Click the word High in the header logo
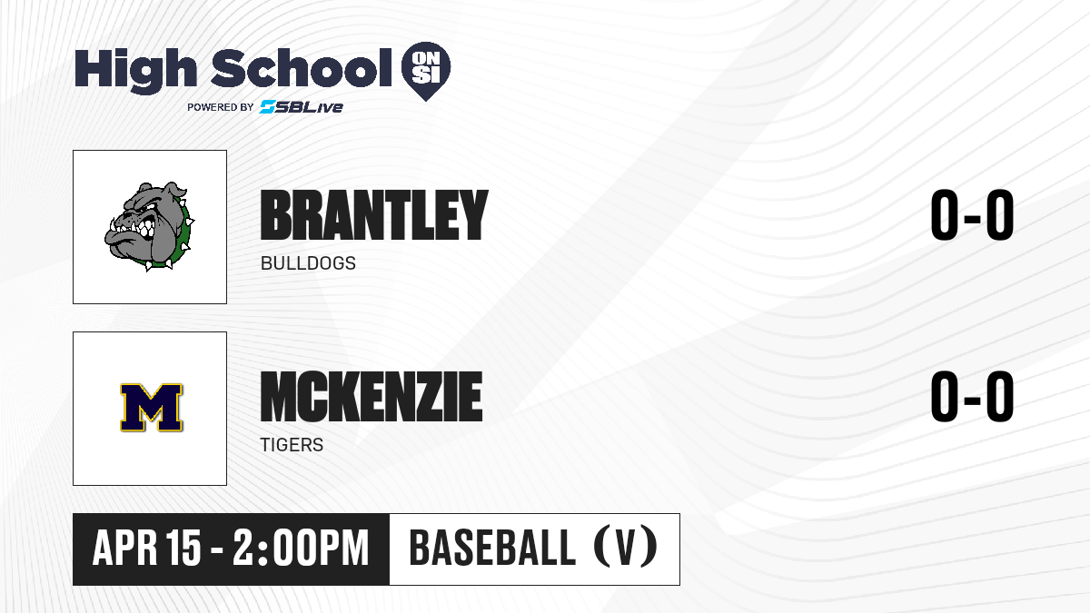click(x=135, y=70)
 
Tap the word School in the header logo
click(x=302, y=67)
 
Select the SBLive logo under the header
click(x=302, y=107)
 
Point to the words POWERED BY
click(x=221, y=107)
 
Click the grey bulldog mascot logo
click(x=149, y=226)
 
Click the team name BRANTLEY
click(x=374, y=214)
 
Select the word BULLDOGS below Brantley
click(x=308, y=263)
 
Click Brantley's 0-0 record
click(x=972, y=214)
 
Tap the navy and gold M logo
click(x=152, y=408)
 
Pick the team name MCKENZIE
click(x=372, y=396)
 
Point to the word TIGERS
click(x=292, y=445)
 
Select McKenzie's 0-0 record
click(x=972, y=396)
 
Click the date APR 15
click(x=146, y=548)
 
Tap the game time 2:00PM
click(x=301, y=548)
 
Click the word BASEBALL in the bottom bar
click(x=492, y=548)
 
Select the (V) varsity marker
click(x=626, y=548)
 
